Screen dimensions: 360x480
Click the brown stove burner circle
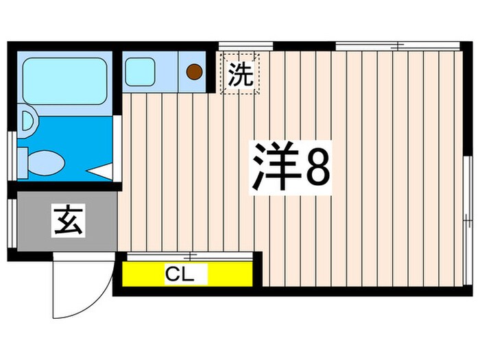pyautogui.click(x=195, y=71)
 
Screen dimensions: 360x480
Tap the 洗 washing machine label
pyautogui.click(x=240, y=73)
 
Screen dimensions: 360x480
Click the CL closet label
pyautogui.click(x=177, y=276)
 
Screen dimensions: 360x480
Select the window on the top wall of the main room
pyautogui.click(x=398, y=47)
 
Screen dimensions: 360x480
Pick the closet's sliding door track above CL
pyautogui.click(x=192, y=256)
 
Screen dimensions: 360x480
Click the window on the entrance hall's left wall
pyautogui.click(x=11, y=223)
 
